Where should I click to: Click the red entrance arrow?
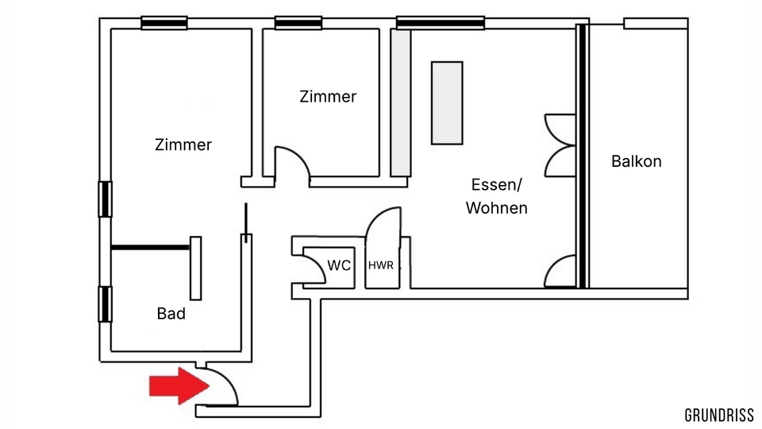[179, 386]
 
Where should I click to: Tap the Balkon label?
[636, 161]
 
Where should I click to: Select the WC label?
[339, 265]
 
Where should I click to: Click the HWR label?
[380, 265]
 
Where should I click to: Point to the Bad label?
[171, 313]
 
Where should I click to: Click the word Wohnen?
[496, 207]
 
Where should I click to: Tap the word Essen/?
[496, 185]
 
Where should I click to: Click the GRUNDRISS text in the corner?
[719, 415]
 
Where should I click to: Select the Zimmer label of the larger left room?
[183, 145]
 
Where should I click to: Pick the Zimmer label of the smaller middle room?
[328, 96]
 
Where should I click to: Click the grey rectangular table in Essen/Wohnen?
[447, 102]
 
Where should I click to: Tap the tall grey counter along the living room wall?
[401, 103]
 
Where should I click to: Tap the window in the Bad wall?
[105, 304]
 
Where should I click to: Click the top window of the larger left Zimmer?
[164, 23]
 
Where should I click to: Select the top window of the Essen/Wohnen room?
[441, 23]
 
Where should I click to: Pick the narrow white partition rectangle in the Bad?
[195, 268]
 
